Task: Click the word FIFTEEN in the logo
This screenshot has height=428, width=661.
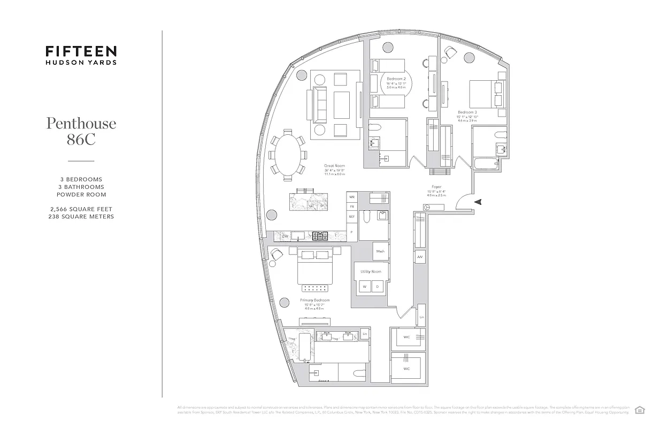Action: (81, 51)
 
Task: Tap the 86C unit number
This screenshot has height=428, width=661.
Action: (81, 141)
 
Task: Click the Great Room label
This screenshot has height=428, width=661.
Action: (334, 166)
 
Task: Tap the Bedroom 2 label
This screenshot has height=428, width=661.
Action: (396, 79)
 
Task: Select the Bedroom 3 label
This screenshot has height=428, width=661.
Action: (467, 112)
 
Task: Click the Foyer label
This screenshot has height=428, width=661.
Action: (436, 187)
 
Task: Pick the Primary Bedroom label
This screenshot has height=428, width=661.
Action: (314, 301)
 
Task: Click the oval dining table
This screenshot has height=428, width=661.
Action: (288, 154)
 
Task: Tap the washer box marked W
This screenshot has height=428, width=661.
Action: (365, 287)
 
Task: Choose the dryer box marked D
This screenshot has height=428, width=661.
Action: (378, 287)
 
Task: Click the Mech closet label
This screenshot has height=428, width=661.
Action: (380, 251)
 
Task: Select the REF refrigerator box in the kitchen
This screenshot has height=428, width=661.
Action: (351, 217)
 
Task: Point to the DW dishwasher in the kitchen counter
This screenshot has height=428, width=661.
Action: (285, 235)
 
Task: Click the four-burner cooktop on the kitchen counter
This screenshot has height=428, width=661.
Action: (320, 235)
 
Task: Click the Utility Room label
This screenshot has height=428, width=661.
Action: (371, 272)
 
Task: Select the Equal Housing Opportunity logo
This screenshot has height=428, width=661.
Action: (639, 410)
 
